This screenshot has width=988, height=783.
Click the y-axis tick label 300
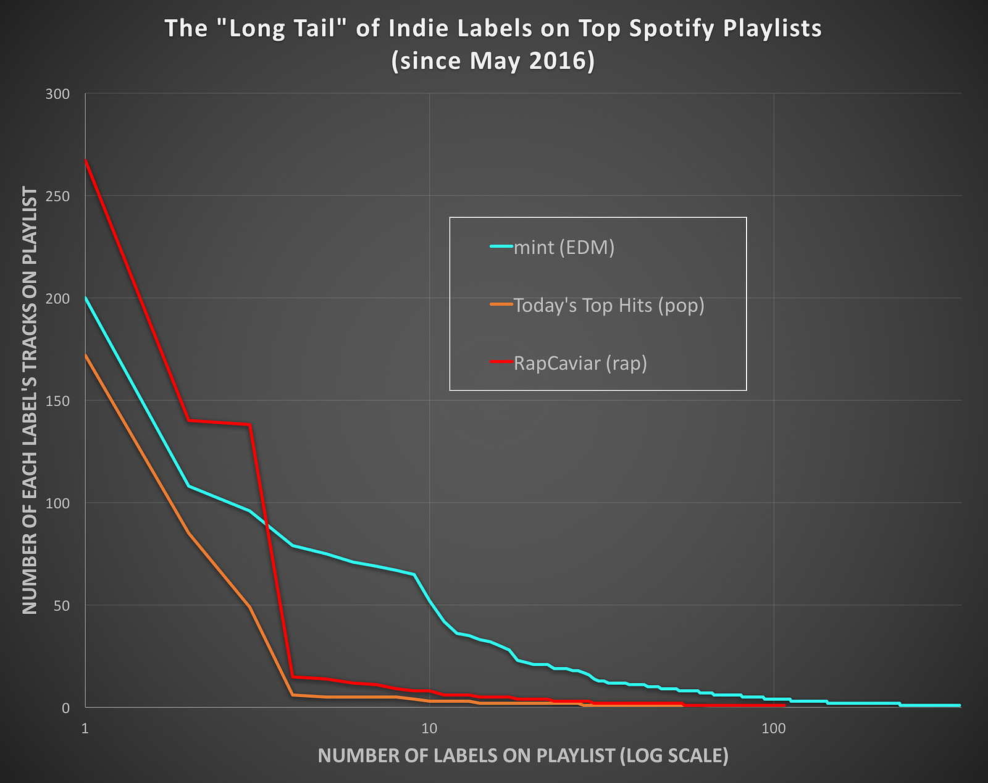58,94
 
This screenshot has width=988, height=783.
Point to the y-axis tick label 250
58,196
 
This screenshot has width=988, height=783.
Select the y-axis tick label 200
58,298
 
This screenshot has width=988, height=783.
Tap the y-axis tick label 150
58,401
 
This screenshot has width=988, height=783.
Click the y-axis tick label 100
58,503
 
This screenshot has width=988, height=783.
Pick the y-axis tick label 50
61,605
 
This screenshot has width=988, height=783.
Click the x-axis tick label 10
429,729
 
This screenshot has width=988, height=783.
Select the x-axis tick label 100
773,729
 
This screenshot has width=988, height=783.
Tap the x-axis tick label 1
85,729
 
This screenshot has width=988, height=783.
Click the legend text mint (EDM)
564,248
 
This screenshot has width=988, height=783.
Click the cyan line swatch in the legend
501,247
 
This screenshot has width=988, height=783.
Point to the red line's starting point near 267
86,161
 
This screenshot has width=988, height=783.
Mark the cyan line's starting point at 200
86,298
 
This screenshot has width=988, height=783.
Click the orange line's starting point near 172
86,355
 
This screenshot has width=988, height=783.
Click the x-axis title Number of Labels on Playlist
522,756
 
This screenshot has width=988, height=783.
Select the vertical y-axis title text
30,401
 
